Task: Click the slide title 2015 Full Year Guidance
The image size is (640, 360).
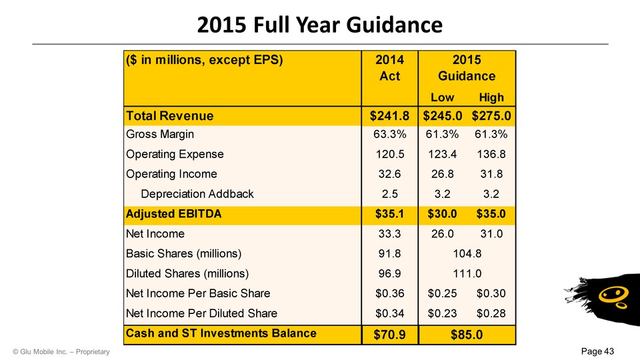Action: [320, 25]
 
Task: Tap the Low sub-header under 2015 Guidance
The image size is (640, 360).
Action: [443, 97]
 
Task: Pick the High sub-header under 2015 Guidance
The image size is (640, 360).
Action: [491, 97]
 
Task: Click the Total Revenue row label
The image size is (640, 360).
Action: [170, 116]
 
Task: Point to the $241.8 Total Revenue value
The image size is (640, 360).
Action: [389, 116]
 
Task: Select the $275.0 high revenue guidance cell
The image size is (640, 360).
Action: [491, 116]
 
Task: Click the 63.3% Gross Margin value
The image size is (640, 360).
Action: [393, 135]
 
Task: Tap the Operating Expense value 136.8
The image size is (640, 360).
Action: [491, 154]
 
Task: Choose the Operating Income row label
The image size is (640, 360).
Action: [171, 174]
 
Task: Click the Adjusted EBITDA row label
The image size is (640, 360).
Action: [173, 215]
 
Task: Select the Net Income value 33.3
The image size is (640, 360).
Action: [393, 234]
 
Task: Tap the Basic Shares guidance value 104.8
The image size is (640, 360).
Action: [467, 253]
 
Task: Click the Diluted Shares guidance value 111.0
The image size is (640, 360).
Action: [467, 273]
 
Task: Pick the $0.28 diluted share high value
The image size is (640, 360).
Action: [491, 313]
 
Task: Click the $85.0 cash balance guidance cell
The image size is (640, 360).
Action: [467, 333]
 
